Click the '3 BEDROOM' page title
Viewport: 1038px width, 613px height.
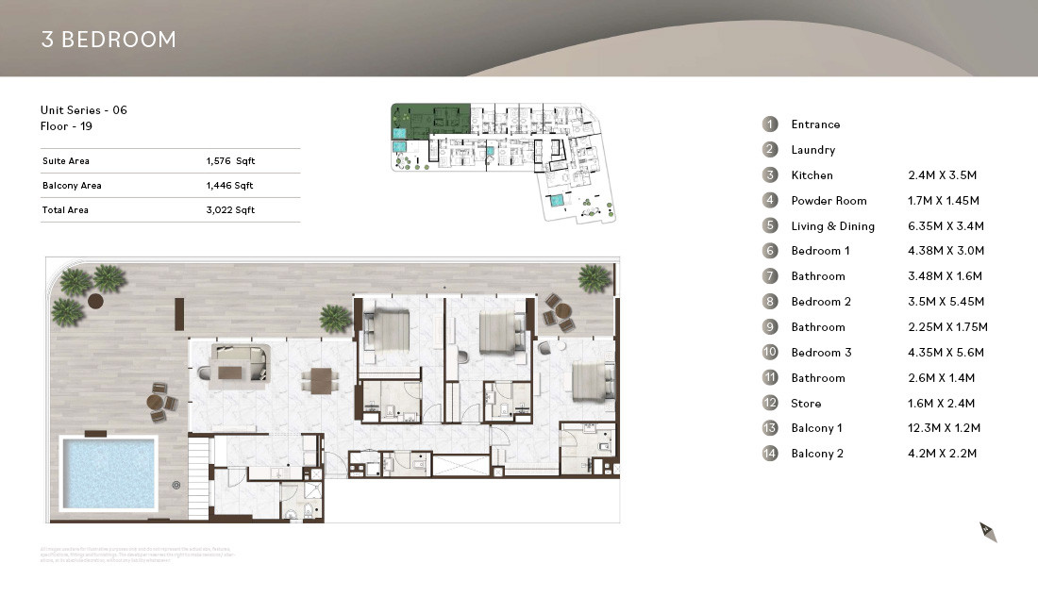coord(109,40)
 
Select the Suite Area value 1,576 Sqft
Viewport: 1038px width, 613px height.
coord(230,161)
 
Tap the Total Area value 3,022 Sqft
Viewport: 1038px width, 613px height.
coord(230,210)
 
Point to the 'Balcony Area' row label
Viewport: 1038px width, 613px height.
coord(72,186)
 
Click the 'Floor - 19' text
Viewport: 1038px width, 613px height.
coord(66,125)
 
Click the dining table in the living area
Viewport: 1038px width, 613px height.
coord(319,381)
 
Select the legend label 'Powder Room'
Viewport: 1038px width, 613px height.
coord(829,201)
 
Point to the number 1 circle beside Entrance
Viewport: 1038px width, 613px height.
coord(771,124)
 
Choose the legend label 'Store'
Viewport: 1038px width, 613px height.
coord(806,404)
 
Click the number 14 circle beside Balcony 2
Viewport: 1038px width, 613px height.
coord(771,454)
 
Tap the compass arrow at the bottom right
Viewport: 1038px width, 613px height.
coord(988,532)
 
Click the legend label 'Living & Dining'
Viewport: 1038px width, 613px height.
coord(832,226)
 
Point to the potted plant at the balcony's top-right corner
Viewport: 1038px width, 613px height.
coord(594,277)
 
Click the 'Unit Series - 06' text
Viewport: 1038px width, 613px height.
coord(84,110)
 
